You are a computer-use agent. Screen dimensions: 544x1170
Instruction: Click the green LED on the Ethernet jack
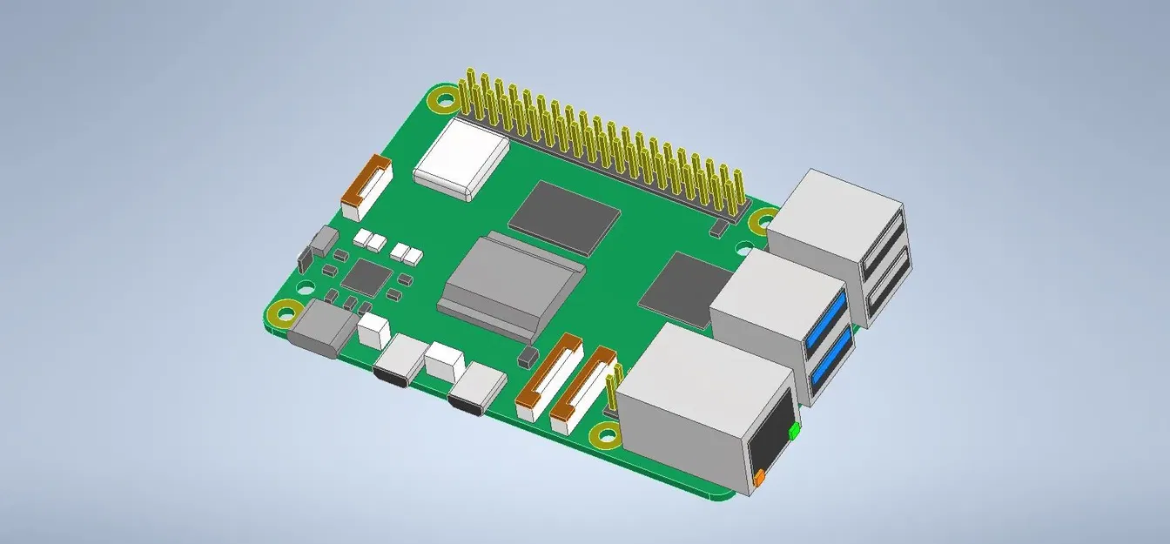(794, 430)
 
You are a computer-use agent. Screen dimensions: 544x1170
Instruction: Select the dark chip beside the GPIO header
(563, 217)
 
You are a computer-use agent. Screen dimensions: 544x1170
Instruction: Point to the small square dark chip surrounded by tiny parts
(366, 278)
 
